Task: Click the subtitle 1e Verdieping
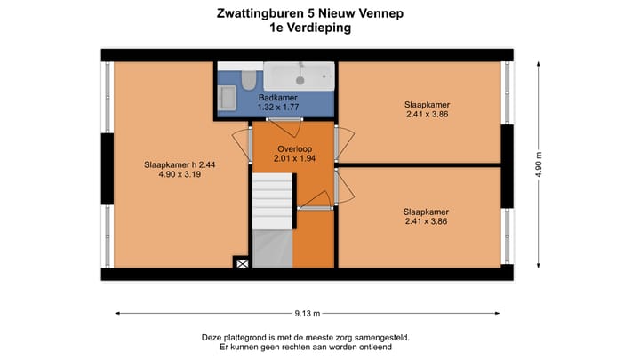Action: (310, 28)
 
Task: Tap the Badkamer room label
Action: (277, 98)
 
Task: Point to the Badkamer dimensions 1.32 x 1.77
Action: (277, 108)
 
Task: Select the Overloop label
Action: (293, 149)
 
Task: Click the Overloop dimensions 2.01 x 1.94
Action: (293, 159)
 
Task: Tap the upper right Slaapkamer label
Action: (425, 104)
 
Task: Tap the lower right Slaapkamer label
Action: (425, 212)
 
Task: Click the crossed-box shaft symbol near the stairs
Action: (240, 262)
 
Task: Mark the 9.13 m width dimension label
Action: (307, 313)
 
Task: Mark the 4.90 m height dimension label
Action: (539, 164)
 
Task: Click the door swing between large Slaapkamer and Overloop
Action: (240, 142)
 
